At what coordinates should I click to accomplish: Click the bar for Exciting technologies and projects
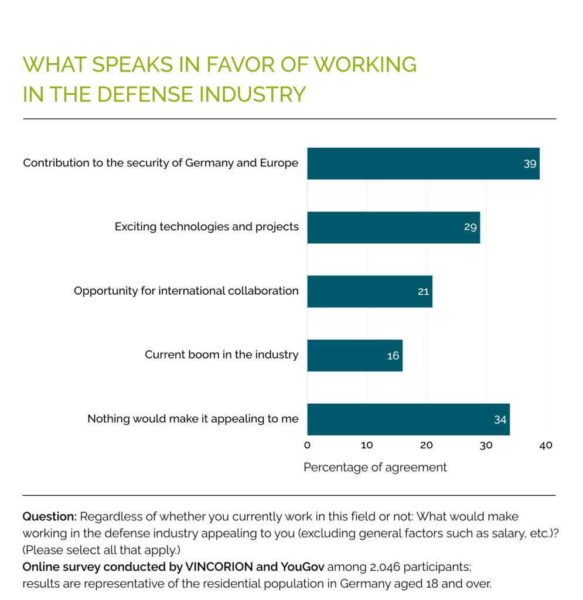click(393, 227)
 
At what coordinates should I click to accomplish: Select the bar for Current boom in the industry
click(354, 355)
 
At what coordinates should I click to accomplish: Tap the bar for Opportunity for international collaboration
click(369, 291)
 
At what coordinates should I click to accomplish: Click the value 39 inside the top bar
click(530, 164)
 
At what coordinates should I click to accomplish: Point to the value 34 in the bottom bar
click(500, 420)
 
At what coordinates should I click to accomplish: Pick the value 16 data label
click(393, 356)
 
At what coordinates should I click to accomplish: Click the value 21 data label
click(423, 291)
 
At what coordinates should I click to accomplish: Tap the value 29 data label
click(470, 227)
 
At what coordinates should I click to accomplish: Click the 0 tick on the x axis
click(307, 445)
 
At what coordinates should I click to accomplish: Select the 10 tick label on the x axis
click(367, 445)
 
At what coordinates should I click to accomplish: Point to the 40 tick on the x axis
click(546, 445)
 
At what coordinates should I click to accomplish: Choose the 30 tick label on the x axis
click(486, 445)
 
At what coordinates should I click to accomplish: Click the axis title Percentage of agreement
click(375, 468)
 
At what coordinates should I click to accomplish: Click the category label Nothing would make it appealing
click(193, 419)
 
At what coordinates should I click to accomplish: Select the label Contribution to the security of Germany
click(161, 163)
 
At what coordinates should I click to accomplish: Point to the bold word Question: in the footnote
click(49, 517)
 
